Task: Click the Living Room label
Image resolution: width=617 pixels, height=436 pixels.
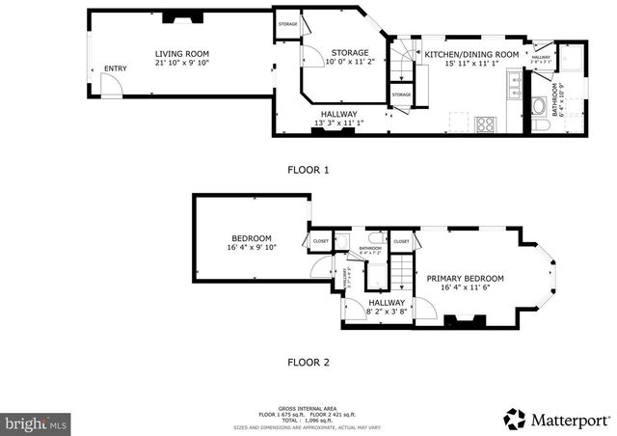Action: coord(182,54)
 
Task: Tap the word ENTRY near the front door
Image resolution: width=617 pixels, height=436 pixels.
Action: coord(115,68)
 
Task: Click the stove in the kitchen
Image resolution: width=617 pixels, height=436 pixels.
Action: coord(486,123)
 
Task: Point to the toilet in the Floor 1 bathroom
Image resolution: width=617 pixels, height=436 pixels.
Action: coord(544,126)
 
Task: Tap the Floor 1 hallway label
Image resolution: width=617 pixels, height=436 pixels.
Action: coord(338,114)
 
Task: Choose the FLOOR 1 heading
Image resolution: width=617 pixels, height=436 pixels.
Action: coord(308,170)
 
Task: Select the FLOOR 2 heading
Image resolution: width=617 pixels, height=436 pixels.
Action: coord(308,363)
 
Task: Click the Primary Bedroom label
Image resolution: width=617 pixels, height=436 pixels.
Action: coord(471,278)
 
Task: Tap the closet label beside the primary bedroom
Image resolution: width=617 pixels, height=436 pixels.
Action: coord(401,241)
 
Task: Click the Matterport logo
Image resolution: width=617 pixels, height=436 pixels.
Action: coord(556,419)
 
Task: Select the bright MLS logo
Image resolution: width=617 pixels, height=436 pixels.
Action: coord(37,422)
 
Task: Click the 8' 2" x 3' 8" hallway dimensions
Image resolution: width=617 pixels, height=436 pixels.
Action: coord(387,312)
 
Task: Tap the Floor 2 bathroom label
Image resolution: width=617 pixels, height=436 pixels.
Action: coord(371,249)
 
